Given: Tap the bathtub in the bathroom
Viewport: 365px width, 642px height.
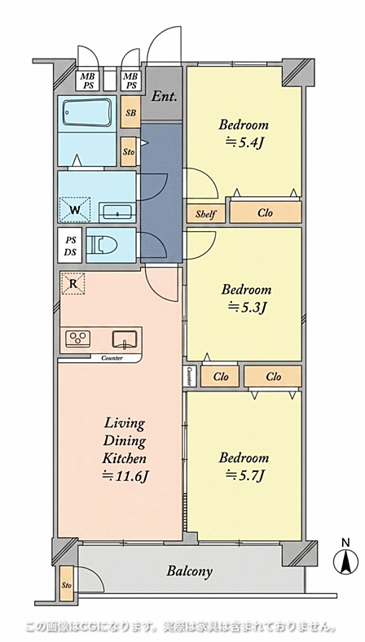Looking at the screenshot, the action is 87,112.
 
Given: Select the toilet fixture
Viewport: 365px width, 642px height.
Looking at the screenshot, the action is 102,245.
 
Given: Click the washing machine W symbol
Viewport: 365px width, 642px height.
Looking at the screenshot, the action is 75,210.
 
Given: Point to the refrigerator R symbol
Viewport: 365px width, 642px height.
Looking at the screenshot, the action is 73,283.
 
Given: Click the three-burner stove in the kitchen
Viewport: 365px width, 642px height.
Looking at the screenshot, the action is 78,339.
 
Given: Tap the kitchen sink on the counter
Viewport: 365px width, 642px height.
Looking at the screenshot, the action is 125,339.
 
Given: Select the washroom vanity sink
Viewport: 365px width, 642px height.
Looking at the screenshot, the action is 117,212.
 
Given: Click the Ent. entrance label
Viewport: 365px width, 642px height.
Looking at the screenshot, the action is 164,97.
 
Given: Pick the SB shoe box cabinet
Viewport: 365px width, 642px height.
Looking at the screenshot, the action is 131,112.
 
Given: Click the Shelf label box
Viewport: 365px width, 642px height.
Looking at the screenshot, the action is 206,214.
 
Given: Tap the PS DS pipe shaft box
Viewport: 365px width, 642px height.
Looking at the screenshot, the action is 70,246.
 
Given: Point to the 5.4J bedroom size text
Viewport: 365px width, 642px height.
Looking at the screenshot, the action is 245,143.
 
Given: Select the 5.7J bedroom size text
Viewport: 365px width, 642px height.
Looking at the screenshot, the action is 245,475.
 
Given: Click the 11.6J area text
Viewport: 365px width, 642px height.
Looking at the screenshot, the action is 125,477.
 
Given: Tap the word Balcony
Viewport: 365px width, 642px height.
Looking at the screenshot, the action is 190,571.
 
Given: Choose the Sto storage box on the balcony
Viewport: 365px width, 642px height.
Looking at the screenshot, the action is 67,583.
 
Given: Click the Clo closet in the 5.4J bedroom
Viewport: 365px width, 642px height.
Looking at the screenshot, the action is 266,212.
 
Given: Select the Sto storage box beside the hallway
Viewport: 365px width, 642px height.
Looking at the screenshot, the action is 129,151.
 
